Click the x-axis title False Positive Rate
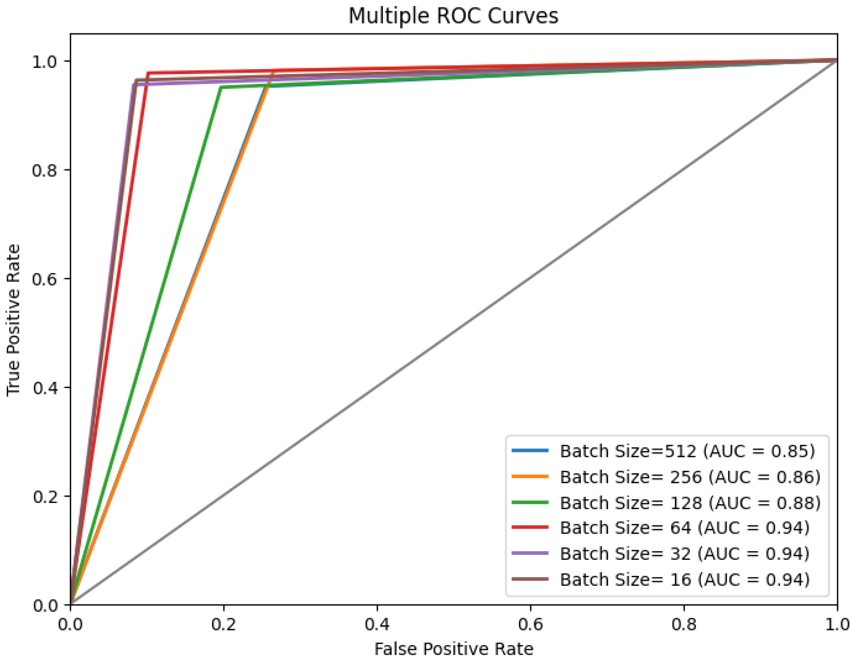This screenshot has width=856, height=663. click(x=454, y=649)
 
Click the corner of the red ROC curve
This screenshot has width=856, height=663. click(x=148, y=73)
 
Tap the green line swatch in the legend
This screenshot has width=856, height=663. click(x=530, y=503)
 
